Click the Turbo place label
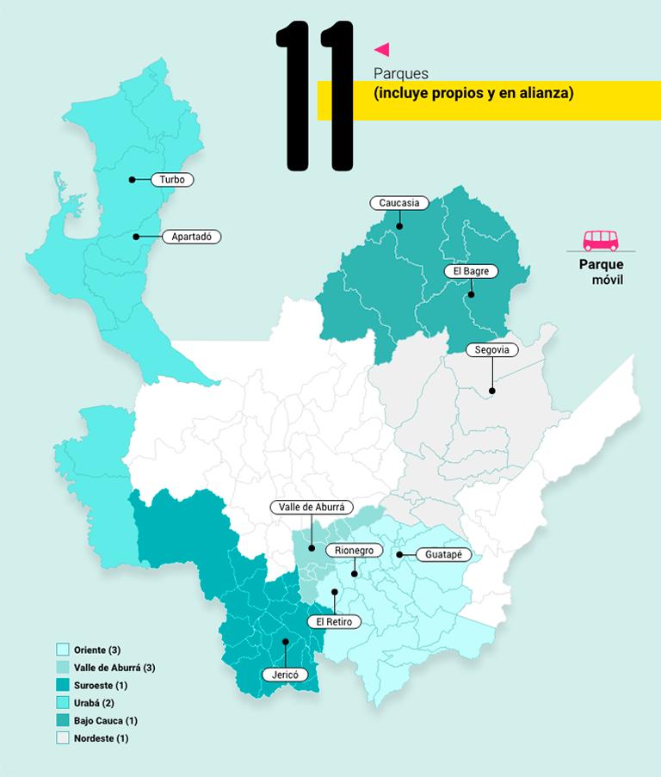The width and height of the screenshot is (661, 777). (172, 180)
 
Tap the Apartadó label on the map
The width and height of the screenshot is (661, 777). (191, 236)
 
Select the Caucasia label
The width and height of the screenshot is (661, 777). (399, 203)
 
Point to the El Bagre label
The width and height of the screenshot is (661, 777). (471, 271)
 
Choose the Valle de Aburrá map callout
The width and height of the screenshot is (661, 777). (312, 508)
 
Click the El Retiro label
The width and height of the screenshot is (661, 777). (334, 621)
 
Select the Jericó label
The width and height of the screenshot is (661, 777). (284, 675)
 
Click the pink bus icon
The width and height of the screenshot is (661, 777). (601, 240)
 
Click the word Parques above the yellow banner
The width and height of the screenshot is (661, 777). (401, 73)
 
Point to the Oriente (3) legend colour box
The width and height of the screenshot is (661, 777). (62, 650)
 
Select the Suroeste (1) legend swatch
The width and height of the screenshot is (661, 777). (62, 685)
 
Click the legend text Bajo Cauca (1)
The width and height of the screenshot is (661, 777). (106, 720)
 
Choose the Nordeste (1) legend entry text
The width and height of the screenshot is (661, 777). (101, 738)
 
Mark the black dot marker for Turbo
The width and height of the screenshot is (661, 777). (133, 180)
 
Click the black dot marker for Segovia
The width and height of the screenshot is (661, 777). (492, 392)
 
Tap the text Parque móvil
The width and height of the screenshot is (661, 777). (602, 273)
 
